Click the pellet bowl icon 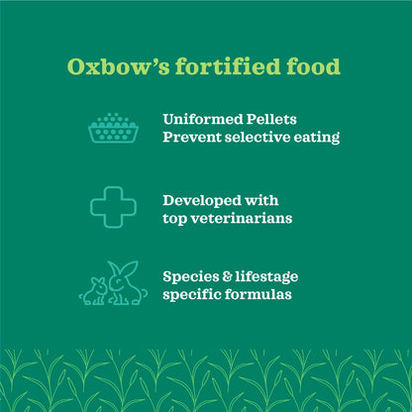(113, 127)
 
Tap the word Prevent (195, 137)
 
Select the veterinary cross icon (113, 207)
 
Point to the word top (176, 218)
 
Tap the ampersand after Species (231, 276)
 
